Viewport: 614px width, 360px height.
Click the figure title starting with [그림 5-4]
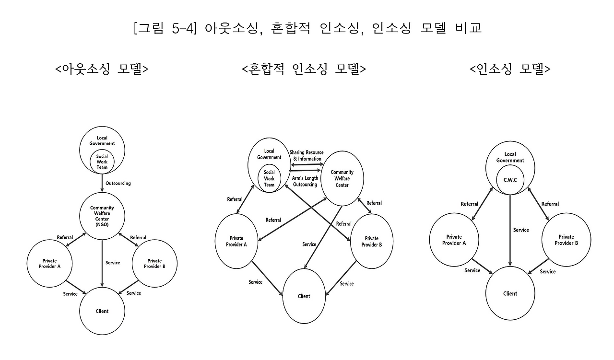coord(307,28)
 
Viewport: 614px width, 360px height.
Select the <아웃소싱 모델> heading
coord(102,70)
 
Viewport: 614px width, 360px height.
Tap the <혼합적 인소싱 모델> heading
coord(304,70)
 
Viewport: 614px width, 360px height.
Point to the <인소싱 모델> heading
coord(510,70)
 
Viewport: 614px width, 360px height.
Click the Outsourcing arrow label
coord(118,183)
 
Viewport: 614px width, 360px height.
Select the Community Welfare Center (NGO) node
coord(102,216)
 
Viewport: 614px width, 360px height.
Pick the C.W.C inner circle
coord(510,179)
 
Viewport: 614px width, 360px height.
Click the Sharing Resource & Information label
coord(306,156)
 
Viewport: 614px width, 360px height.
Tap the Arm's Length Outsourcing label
coord(305,181)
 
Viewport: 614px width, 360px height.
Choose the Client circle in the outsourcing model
coord(102,311)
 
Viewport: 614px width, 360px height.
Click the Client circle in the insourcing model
coord(510,293)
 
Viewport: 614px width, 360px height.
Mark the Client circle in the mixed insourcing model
coord(304,296)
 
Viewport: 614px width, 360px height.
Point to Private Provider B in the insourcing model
coord(566,240)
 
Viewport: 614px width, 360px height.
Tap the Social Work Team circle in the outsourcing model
coord(102,162)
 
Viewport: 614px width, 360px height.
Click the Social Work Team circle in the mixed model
coord(269,178)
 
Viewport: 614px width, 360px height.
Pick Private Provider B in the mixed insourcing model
coord(371,241)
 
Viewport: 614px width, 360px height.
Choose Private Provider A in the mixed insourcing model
coord(236,241)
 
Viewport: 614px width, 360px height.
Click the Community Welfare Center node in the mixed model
coord(342,179)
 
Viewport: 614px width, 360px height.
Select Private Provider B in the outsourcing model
coord(154,264)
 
